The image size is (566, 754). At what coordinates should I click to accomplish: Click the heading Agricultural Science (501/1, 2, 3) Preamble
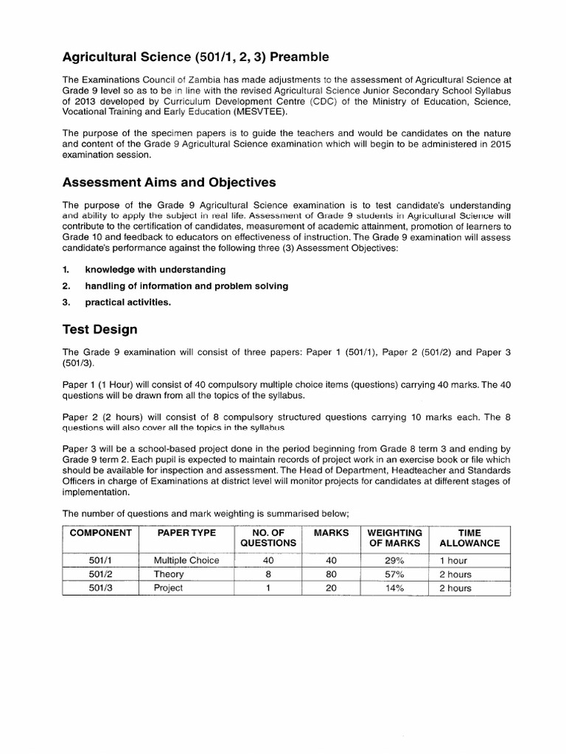click(x=195, y=57)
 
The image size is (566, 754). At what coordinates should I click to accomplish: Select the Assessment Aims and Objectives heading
click(x=170, y=183)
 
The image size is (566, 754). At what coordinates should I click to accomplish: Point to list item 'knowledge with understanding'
click(x=155, y=270)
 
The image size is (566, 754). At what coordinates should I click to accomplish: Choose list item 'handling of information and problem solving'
click(x=186, y=286)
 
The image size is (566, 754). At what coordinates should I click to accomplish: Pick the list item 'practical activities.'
click(x=128, y=301)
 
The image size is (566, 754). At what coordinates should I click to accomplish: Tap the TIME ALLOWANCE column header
click(x=469, y=538)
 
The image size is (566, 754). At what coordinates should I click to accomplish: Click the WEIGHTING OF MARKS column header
click(x=394, y=538)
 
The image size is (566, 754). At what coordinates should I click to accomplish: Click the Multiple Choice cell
click(x=186, y=560)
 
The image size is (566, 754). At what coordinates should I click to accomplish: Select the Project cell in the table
click(x=169, y=588)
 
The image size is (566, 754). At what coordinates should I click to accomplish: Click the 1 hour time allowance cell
click(x=454, y=560)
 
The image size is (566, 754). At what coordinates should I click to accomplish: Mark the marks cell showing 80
click(x=331, y=574)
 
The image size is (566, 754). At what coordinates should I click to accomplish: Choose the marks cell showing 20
click(x=331, y=588)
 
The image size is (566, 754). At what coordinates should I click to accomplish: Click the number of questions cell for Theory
click(x=268, y=574)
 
